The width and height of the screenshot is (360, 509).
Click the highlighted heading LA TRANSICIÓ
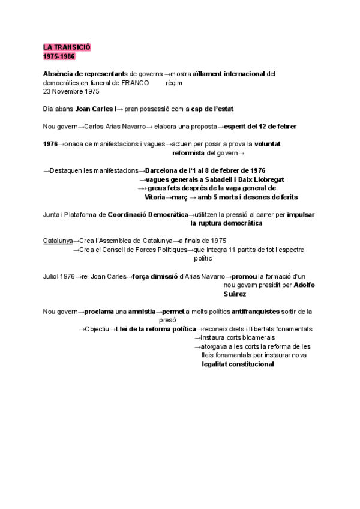pos(67,47)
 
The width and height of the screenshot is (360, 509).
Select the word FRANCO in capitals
pos(135,83)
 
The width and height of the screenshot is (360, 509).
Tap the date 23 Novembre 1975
pos(71,92)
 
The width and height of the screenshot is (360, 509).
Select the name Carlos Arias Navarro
pos(115,127)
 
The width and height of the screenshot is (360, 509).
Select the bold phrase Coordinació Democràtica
pos(148,214)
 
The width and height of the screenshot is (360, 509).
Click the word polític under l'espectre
pos(203,259)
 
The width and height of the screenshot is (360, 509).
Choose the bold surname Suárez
pos(234,294)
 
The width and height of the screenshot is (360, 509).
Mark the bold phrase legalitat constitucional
pos(238,364)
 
